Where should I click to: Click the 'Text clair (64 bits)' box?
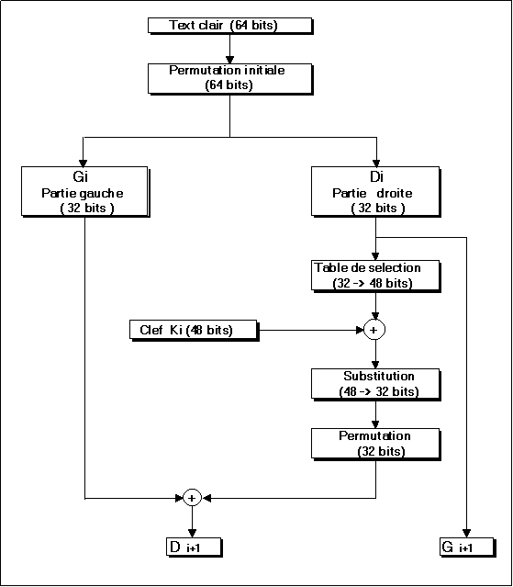click(x=230, y=26)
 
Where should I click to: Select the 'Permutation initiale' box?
click(x=230, y=79)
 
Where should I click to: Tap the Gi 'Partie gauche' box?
click(x=85, y=192)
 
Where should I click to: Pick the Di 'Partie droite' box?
click(x=375, y=192)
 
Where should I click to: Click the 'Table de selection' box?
click(x=375, y=276)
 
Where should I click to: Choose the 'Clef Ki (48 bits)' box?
click(x=194, y=330)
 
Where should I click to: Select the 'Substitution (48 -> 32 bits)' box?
click(x=375, y=385)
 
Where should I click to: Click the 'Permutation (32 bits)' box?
click(x=375, y=444)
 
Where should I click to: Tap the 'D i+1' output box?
click(x=194, y=547)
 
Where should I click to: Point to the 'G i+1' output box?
click(x=467, y=547)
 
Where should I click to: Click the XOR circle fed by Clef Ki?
click(x=374, y=330)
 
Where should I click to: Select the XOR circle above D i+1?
click(x=192, y=498)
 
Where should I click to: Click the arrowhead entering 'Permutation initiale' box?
click(x=230, y=60)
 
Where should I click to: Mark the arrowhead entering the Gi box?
click(x=84, y=163)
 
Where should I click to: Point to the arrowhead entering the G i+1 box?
click(x=466, y=534)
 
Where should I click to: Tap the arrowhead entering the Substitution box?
click(x=375, y=365)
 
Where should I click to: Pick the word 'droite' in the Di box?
click(x=395, y=193)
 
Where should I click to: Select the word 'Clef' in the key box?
click(x=151, y=330)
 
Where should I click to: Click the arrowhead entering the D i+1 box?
click(x=192, y=534)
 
